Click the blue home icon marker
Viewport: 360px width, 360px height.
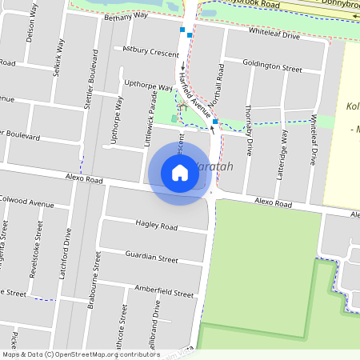179,173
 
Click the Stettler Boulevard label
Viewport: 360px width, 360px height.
94,76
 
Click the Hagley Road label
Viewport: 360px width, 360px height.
156,226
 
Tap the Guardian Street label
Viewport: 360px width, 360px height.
151,258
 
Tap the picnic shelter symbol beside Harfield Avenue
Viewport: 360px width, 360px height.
182,106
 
